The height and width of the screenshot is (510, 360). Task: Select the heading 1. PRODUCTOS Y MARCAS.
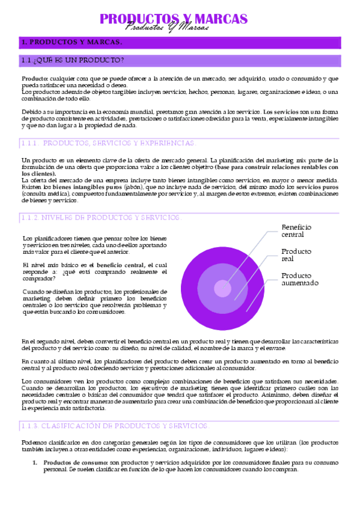(72, 42)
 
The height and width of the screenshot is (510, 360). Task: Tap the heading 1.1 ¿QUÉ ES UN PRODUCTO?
(73, 60)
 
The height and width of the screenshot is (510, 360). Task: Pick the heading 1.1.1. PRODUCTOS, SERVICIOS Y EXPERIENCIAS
(108, 143)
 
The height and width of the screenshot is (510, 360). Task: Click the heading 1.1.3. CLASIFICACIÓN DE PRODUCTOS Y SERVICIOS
(115, 426)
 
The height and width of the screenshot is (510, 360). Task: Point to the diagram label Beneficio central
(296, 231)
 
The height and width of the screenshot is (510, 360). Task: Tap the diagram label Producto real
(296, 255)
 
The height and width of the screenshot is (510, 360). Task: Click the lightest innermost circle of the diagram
(222, 289)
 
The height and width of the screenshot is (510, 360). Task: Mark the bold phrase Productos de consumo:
(75, 462)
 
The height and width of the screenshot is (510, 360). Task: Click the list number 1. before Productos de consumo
(35, 462)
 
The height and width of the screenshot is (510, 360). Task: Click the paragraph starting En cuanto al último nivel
(180, 364)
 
